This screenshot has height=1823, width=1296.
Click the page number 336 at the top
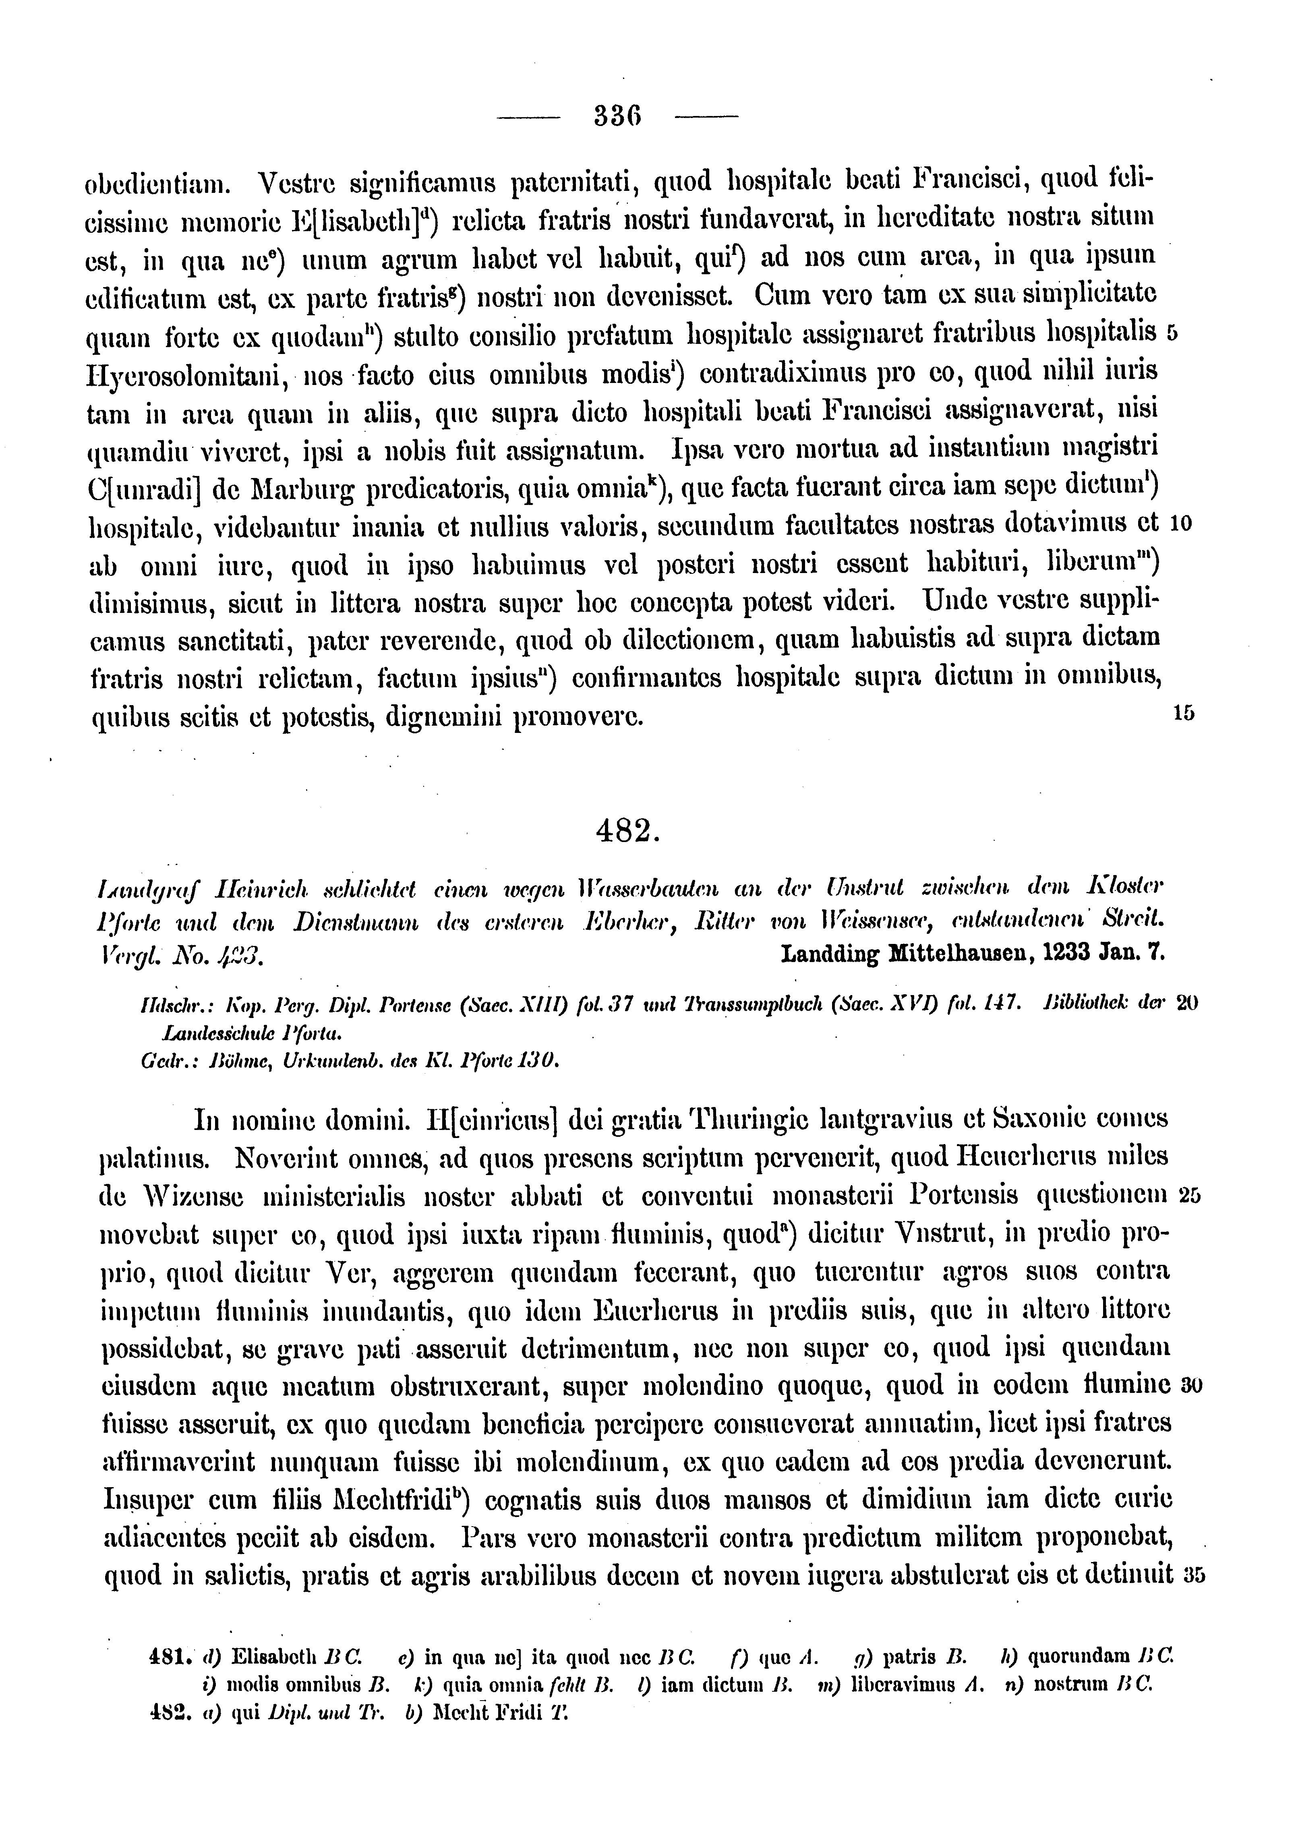click(x=619, y=118)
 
